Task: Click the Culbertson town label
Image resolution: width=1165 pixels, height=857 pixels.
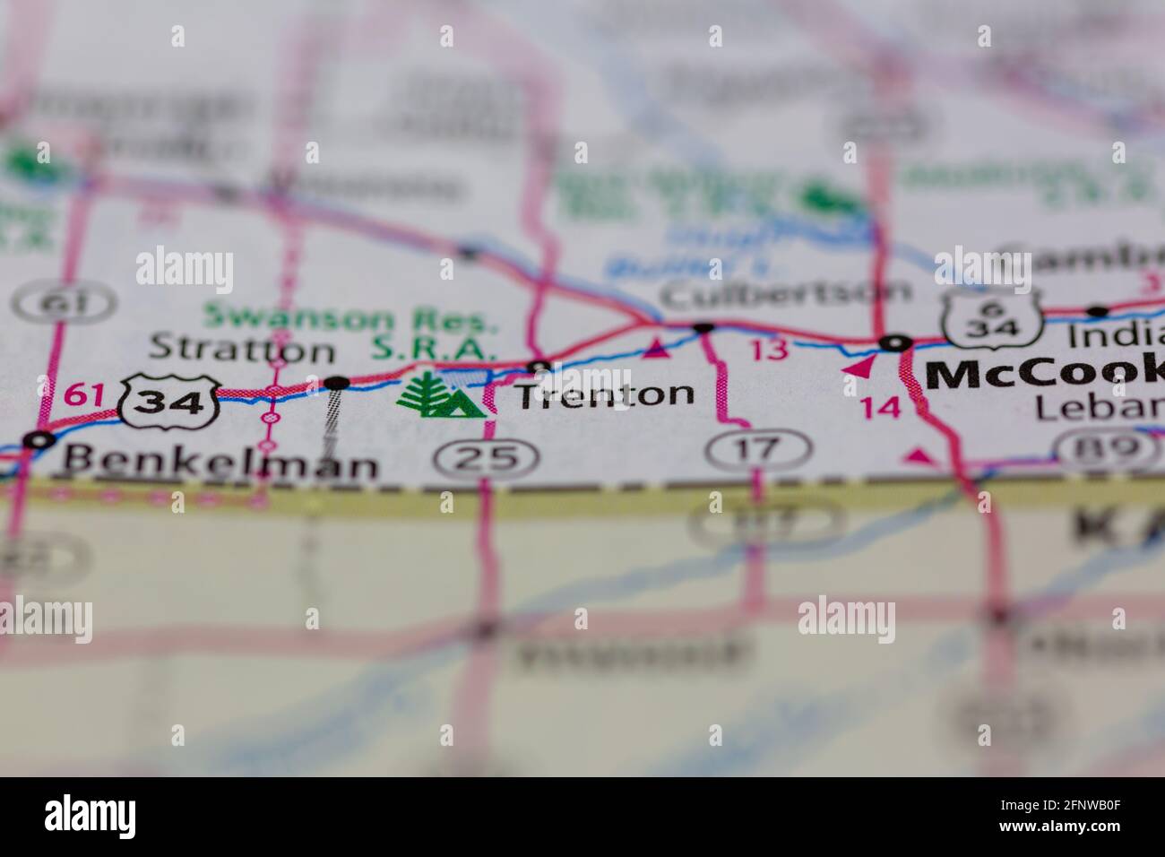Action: point(785,291)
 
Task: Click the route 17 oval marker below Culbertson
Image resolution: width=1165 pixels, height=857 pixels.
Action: point(758,448)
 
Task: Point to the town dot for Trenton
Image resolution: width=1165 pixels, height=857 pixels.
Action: point(539,366)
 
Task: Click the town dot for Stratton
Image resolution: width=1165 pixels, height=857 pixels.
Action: point(337,383)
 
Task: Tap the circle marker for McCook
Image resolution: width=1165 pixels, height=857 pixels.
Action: point(894,342)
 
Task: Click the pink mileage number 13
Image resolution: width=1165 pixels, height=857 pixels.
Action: point(769,350)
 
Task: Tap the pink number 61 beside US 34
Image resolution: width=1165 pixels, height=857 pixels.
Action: point(81,393)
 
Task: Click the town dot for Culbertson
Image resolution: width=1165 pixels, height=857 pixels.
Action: point(704,327)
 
